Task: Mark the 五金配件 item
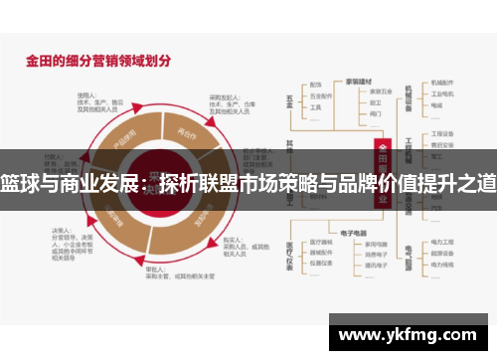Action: (317, 95)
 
